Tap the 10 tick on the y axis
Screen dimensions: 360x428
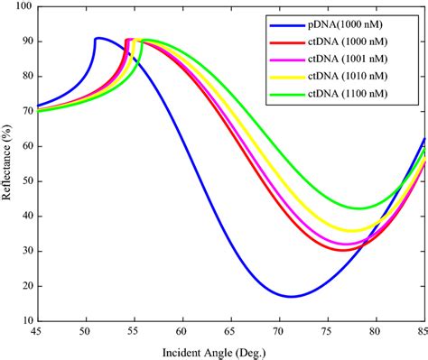26,320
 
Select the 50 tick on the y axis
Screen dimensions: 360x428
26,180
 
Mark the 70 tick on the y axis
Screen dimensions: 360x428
26,111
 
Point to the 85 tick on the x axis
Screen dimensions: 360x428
423,331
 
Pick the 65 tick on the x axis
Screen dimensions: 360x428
230,331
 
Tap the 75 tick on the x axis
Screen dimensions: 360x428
327,331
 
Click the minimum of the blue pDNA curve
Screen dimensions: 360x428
291,296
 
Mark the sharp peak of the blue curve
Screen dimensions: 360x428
97,38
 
